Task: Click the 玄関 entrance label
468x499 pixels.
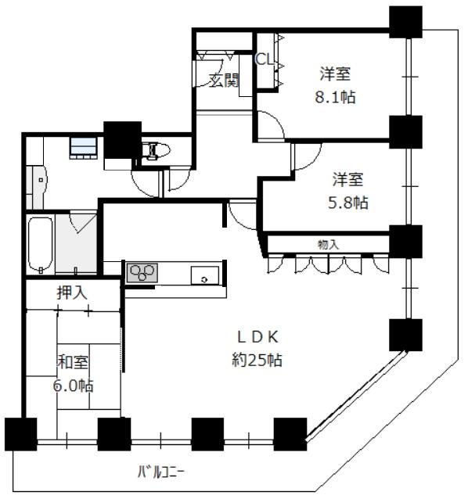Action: click(x=224, y=81)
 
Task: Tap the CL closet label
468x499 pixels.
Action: click(x=265, y=59)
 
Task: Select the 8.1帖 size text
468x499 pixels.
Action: click(x=335, y=97)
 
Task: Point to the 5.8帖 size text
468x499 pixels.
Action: click(x=348, y=203)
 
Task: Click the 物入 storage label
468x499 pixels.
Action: click(x=328, y=244)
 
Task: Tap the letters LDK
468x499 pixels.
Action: click(x=258, y=337)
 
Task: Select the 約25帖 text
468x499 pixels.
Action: click(x=257, y=360)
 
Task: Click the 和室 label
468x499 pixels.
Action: click(x=73, y=362)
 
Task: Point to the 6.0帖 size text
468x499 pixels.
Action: click(x=74, y=386)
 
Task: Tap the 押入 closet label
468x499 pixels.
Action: click(x=72, y=293)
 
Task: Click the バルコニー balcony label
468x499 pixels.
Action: click(x=160, y=472)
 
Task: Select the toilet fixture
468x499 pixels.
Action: click(x=156, y=150)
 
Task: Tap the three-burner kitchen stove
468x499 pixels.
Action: click(x=142, y=273)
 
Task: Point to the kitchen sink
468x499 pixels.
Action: click(x=205, y=275)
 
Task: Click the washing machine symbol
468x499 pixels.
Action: click(x=84, y=148)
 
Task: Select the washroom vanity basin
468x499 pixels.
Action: click(x=37, y=187)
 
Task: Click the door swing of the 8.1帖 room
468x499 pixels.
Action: click(x=271, y=125)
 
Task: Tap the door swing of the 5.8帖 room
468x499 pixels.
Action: click(x=307, y=156)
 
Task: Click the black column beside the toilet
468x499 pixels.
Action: click(x=123, y=140)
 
